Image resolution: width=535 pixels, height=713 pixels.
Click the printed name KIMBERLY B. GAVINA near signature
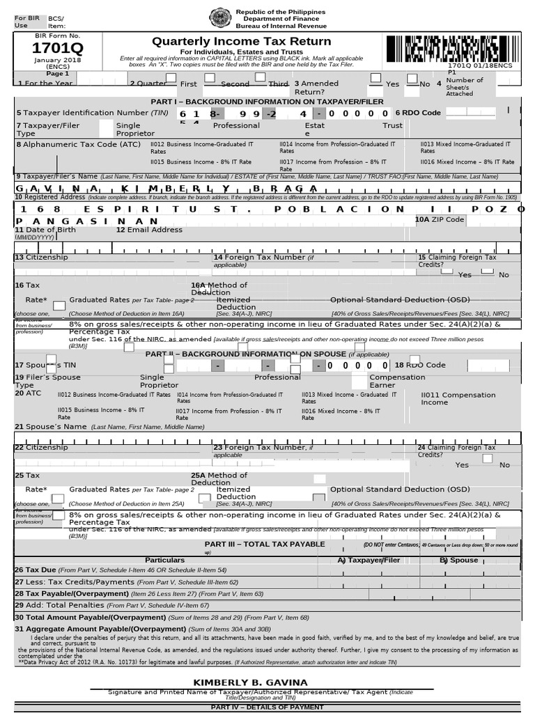[250, 682]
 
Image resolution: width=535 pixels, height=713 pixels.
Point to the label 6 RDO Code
[418, 113]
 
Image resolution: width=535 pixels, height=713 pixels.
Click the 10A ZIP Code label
[439, 219]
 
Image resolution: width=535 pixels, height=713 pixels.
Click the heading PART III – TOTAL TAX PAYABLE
[265, 544]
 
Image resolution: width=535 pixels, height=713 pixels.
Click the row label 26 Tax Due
[36, 570]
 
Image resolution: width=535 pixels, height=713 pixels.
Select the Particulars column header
[164, 560]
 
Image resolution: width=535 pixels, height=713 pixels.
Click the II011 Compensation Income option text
[458, 398]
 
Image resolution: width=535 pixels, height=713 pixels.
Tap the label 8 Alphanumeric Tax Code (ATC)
[78, 144]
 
